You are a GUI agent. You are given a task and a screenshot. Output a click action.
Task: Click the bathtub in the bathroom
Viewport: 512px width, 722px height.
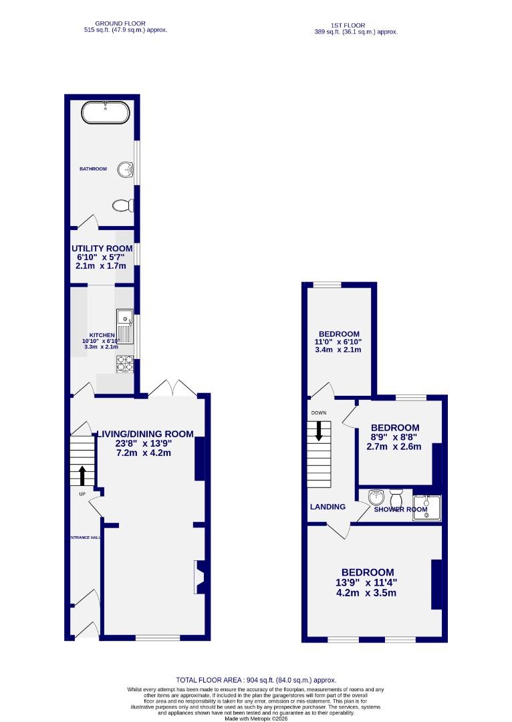pyautogui.click(x=104, y=113)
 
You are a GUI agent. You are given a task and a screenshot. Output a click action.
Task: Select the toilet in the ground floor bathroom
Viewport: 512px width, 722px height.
pyautogui.click(x=122, y=205)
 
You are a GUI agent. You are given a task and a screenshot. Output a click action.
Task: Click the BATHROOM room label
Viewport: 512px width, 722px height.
pyautogui.click(x=93, y=169)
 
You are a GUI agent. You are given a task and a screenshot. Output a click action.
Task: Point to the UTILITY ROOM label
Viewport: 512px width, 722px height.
pyautogui.click(x=102, y=249)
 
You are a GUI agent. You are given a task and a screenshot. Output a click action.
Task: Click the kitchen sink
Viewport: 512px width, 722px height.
pyautogui.click(x=125, y=326)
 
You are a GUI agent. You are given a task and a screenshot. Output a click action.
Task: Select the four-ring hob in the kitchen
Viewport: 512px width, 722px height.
pyautogui.click(x=125, y=363)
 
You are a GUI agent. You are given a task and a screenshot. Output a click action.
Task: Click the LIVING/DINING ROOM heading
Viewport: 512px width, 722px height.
pyautogui.click(x=145, y=434)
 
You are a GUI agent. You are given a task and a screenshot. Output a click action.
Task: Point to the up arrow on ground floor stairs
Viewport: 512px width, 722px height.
pyautogui.click(x=82, y=475)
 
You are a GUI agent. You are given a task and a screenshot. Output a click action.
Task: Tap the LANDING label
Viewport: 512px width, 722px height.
pyautogui.click(x=328, y=507)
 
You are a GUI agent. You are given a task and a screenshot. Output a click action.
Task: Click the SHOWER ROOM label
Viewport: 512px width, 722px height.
pyautogui.click(x=400, y=509)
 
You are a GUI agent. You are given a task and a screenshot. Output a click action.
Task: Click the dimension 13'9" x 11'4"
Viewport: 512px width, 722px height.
pyautogui.click(x=367, y=583)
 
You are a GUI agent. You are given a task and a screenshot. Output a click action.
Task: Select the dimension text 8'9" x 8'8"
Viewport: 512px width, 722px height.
pyautogui.click(x=394, y=437)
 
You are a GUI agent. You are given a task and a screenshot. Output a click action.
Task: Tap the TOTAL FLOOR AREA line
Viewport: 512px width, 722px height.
pyautogui.click(x=256, y=679)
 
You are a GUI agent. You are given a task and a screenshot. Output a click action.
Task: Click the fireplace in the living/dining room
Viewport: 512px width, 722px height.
pyautogui.click(x=200, y=576)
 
